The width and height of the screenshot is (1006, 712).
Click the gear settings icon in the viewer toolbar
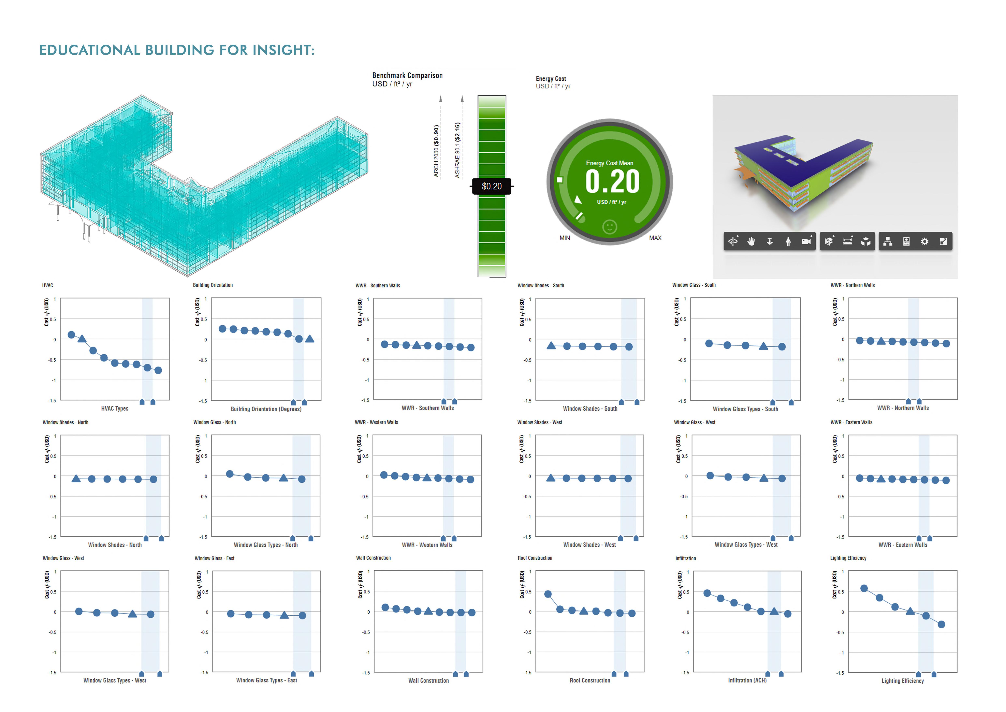click(x=924, y=242)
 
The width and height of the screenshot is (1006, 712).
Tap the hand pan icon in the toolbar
click(x=751, y=242)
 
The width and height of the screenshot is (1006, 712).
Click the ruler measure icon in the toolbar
click(x=847, y=241)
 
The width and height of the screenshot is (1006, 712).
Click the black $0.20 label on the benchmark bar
click(x=492, y=186)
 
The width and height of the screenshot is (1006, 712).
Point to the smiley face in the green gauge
click(x=610, y=227)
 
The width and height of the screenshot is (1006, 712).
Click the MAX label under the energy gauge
click(x=655, y=238)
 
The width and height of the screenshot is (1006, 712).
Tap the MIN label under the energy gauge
click(x=565, y=238)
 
